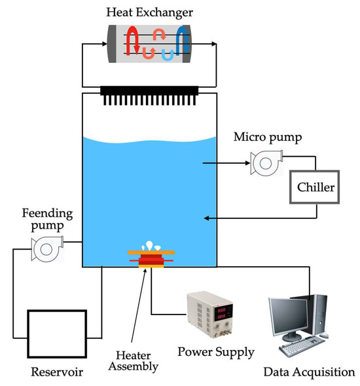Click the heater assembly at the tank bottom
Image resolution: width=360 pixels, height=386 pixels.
[151, 260]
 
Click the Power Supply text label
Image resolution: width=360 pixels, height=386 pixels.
[216, 352]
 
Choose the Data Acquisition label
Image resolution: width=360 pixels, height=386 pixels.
[309, 372]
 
